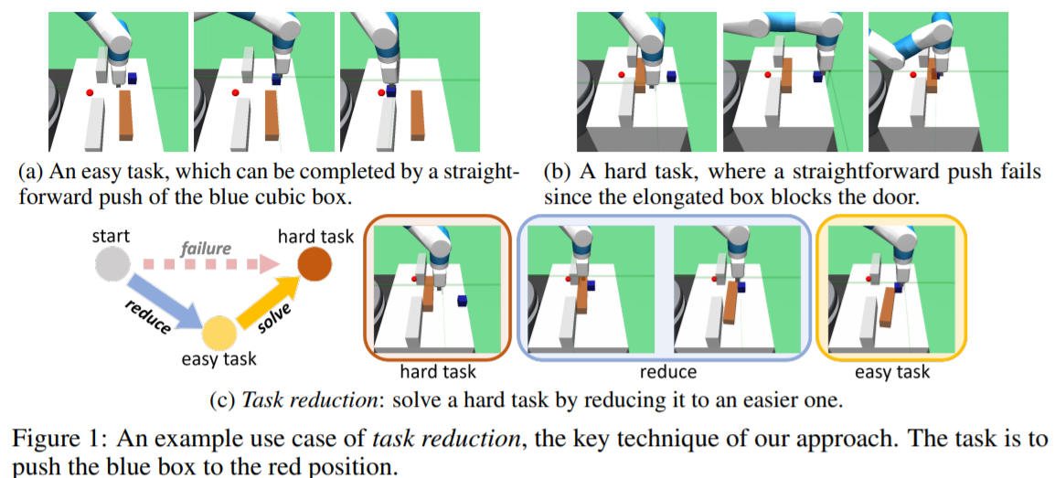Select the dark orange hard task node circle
pos(315,267)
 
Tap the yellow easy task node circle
pos(219,335)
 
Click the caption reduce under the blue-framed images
pos(668,372)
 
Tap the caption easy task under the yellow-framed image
pos(891,372)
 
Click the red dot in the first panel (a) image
pos(90,92)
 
